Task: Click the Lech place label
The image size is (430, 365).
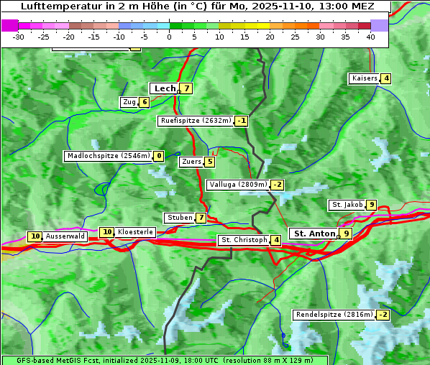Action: click(164, 88)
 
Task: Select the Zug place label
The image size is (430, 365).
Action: click(129, 102)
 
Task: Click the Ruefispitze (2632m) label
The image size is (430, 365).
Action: click(196, 121)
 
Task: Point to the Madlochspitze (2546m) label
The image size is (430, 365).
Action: click(109, 156)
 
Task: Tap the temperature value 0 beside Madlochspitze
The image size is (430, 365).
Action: click(159, 156)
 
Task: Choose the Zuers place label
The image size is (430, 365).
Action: click(191, 162)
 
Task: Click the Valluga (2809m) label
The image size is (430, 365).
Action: click(238, 185)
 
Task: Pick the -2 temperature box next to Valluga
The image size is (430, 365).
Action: click(278, 185)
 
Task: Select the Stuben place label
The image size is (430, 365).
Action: click(180, 218)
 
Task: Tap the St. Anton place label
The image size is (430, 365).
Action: click(314, 234)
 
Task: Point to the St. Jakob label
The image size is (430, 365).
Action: click(347, 205)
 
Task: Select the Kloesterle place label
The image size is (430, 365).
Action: click(135, 232)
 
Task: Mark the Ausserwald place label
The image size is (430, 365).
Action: click(65, 236)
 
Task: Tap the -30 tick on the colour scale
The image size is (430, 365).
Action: click(19, 37)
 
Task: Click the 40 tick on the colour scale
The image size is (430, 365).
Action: click(370, 37)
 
